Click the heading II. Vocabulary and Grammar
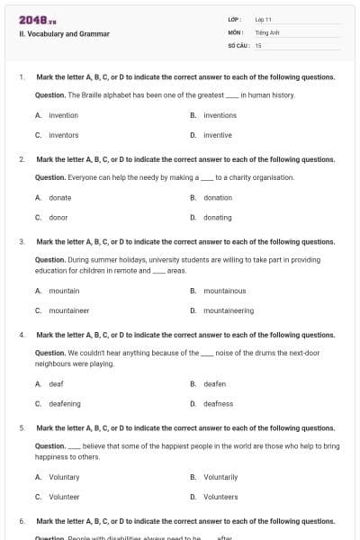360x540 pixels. (x=64, y=34)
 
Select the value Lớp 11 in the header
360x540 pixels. (x=264, y=19)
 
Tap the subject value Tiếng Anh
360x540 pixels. (x=267, y=31)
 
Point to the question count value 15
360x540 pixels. (x=258, y=44)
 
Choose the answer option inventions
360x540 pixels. (x=220, y=115)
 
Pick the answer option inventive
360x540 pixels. (x=217, y=135)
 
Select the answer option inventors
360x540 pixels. (x=63, y=135)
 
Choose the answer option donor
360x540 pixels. (x=58, y=217)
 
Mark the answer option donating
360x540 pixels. (x=217, y=217)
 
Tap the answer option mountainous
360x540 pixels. (x=224, y=291)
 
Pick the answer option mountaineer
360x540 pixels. (x=68, y=310)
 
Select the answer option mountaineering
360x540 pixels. (x=229, y=310)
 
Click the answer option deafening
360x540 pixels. (x=64, y=404)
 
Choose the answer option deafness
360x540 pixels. (x=218, y=404)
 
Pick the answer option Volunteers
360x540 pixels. (x=220, y=497)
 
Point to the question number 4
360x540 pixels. (x=22, y=335)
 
